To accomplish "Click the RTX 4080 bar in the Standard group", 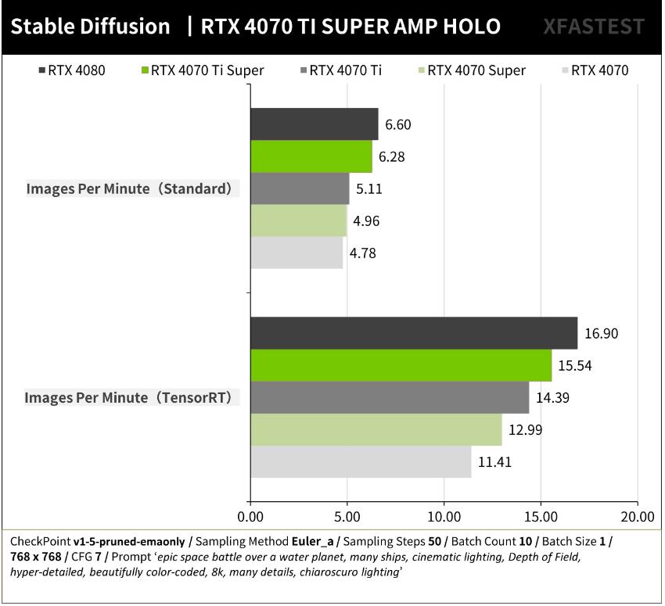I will tap(314, 124).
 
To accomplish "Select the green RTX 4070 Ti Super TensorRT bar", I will tap(401, 365).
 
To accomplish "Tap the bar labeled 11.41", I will tap(361, 461).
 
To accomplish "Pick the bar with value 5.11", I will tap(300, 188).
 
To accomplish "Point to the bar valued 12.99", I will tap(376, 429).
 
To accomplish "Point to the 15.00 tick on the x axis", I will tap(541, 517).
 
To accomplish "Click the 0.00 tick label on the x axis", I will tap(250, 517).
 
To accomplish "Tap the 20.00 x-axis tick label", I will tap(638, 517).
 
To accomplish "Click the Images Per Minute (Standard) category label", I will tap(131, 189).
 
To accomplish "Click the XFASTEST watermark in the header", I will tap(594, 27).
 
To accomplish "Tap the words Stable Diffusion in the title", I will tap(91, 27).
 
